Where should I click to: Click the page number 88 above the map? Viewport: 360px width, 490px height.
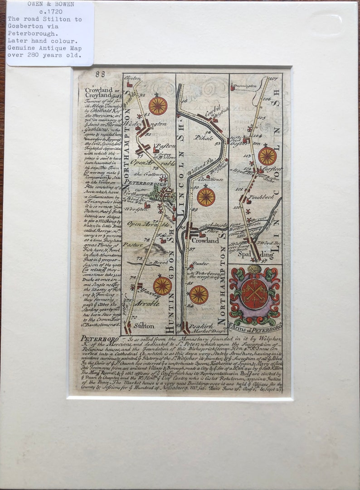pos(100,74)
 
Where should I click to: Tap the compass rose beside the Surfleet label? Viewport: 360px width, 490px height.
pos(267,156)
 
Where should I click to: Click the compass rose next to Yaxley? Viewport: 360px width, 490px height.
pos(162,286)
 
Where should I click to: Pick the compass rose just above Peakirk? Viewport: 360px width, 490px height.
pos(199,295)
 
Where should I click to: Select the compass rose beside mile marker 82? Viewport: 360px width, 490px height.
pos(158,106)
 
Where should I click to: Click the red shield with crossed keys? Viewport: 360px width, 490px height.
pos(255,294)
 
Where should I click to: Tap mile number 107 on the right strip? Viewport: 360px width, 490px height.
pos(273,79)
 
